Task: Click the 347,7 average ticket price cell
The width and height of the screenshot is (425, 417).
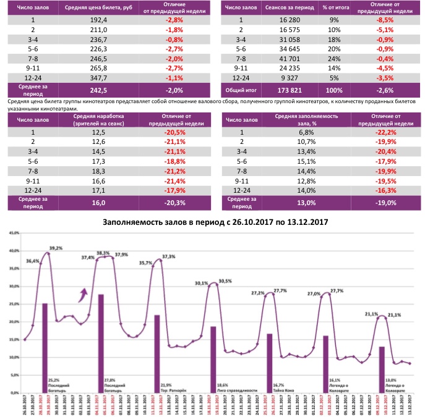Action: pyautogui.click(x=100, y=78)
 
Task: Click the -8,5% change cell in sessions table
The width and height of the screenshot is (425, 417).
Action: pyautogui.click(x=385, y=20)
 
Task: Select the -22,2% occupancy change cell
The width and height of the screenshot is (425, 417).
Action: pyautogui.click(x=384, y=132)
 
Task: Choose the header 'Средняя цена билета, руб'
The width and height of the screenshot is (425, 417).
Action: pyautogui.click(x=100, y=7)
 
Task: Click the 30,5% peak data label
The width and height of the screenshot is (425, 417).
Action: pyautogui.click(x=225, y=281)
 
